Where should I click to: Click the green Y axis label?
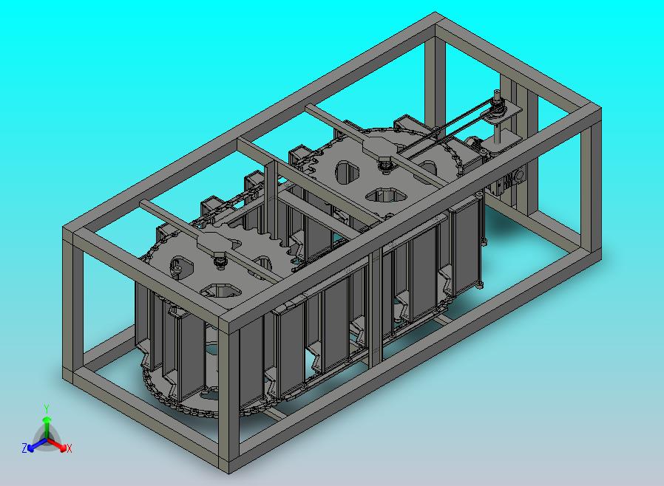coord(47,408)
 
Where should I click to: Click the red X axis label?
coord(70,448)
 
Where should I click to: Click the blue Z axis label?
coord(24,448)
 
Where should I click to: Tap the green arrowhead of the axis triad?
coord(47,420)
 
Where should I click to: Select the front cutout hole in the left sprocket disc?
coord(220,290)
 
